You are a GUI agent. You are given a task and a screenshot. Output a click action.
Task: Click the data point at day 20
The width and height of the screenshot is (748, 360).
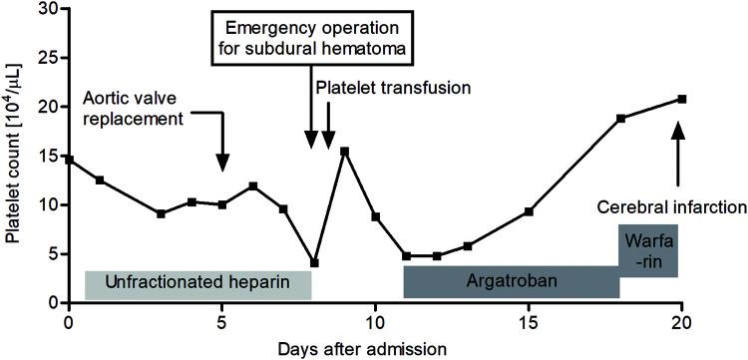pos(682,99)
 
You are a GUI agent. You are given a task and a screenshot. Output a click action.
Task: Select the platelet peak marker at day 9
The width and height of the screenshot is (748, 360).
pos(344,152)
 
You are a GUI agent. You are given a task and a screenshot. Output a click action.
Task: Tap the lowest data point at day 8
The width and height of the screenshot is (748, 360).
pos(314,263)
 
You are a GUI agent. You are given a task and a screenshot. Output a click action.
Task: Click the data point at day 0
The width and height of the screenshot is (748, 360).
pos(69,160)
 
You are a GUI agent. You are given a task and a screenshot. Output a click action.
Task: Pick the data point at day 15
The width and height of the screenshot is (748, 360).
pos(529,211)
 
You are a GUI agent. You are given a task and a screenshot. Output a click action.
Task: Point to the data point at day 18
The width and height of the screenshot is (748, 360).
pos(620,118)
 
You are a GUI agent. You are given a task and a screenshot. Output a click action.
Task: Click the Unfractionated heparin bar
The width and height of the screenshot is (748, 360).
pos(197,284)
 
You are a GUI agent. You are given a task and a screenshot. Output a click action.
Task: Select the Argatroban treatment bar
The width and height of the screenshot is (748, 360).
pos(511,282)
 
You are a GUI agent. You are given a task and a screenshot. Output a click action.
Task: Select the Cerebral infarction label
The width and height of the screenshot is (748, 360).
pos(672,207)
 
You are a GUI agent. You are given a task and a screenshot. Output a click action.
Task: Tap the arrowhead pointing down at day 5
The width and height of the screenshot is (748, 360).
pos(222,162)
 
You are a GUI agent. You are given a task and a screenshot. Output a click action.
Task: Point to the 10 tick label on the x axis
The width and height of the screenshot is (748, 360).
pos(375,322)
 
